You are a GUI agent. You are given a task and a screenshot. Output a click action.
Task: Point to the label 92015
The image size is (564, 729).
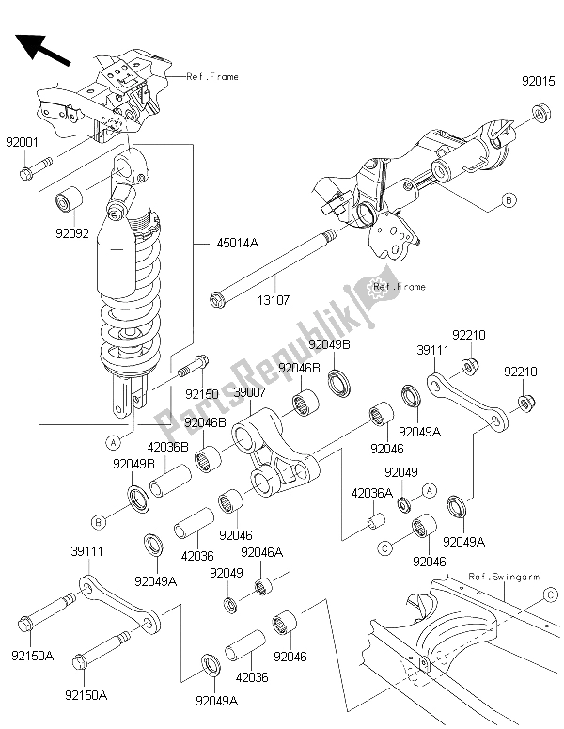(x=538, y=82)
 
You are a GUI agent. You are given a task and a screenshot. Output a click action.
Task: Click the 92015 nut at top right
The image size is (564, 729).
(x=540, y=114)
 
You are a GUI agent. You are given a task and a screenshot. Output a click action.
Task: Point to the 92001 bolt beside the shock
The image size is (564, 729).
(x=35, y=171)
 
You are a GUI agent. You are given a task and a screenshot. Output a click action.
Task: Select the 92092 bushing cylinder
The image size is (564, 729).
(x=70, y=200)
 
